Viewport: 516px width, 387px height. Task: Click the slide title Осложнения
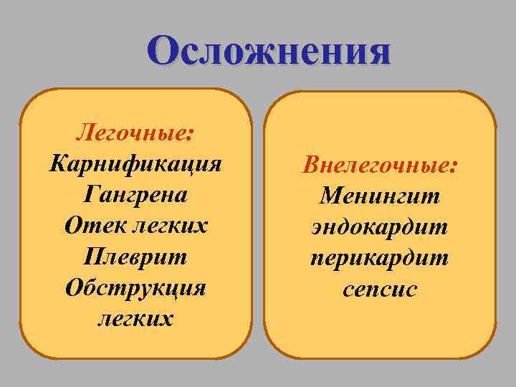coord(269,52)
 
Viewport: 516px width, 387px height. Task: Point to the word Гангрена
coord(136,194)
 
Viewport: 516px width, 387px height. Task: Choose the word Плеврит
coord(136,256)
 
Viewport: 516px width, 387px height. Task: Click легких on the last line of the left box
coord(136,317)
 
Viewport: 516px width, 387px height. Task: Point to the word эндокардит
coord(380,226)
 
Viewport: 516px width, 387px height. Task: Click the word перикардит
coord(380,257)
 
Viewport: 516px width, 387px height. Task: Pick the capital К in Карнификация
coord(57,163)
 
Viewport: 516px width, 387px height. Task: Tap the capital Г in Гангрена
coord(91,194)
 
